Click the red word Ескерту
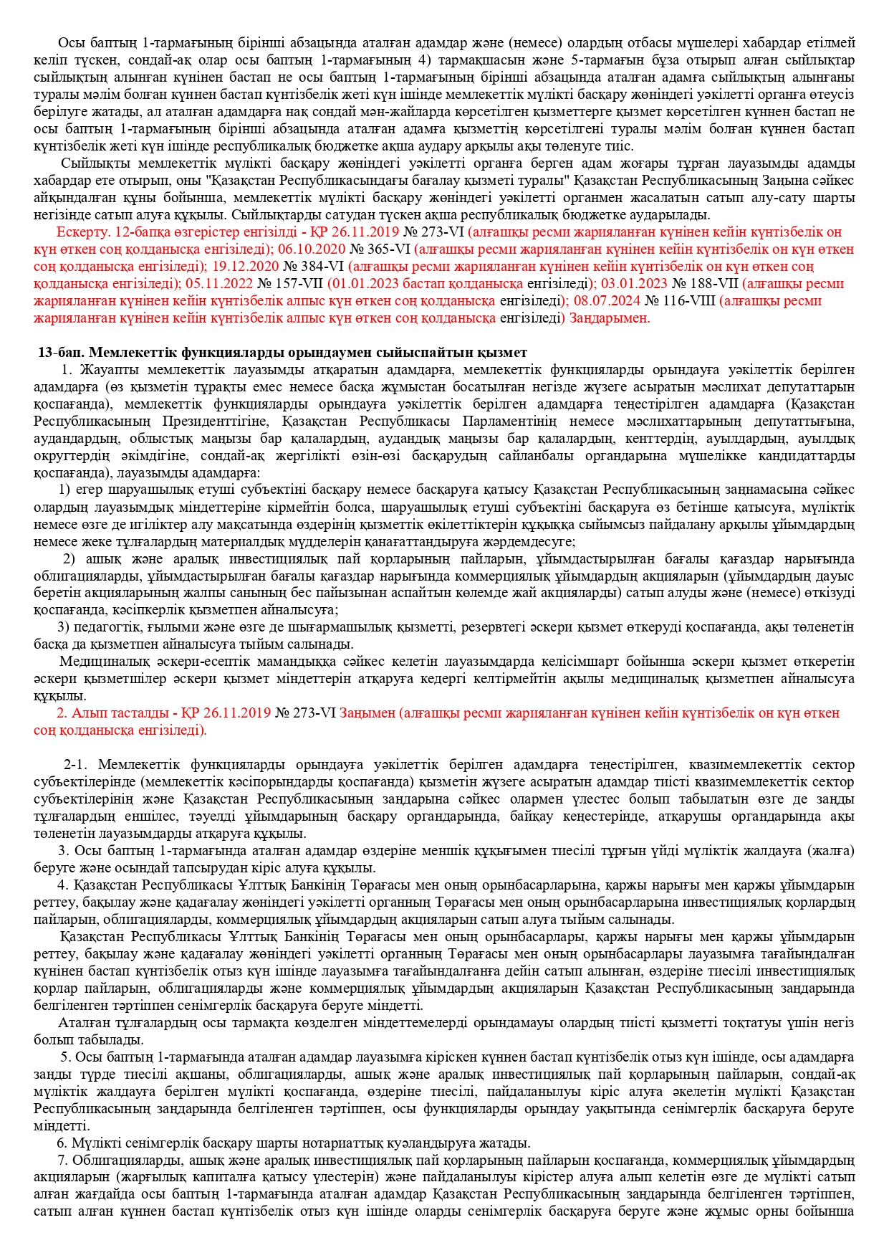click(81, 232)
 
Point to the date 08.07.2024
click(607, 301)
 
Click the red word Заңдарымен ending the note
click(610, 318)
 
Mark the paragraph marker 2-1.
click(76, 765)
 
